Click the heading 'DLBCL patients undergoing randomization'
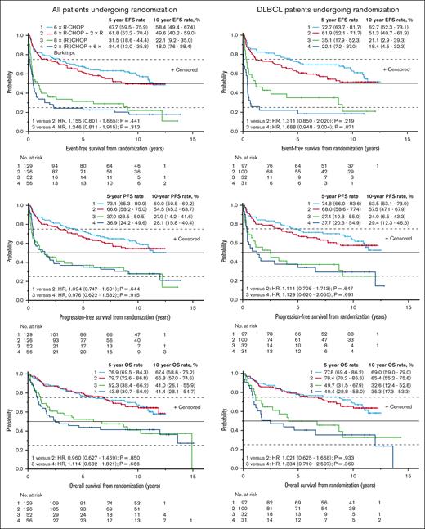316,7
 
